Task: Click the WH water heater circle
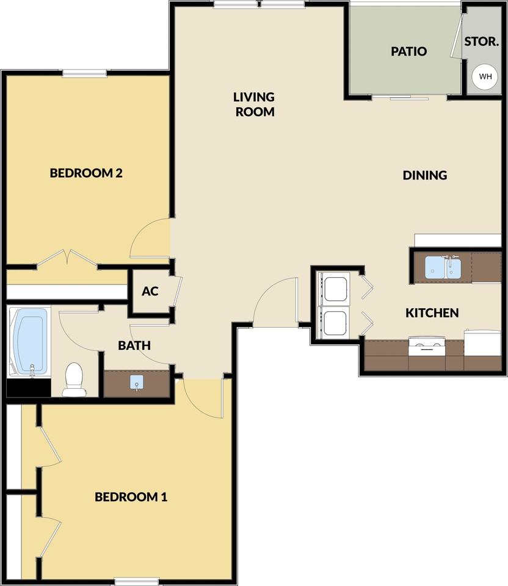pyautogui.click(x=485, y=77)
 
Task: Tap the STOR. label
pyautogui.click(x=482, y=42)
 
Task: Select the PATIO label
pyautogui.click(x=409, y=51)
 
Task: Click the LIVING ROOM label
pyautogui.click(x=255, y=104)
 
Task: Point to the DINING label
pyautogui.click(x=425, y=175)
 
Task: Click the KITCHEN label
pyautogui.click(x=432, y=313)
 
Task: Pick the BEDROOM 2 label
pyautogui.click(x=86, y=173)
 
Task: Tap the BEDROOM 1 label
pyautogui.click(x=131, y=497)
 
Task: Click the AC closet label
pyautogui.click(x=150, y=291)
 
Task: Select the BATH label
pyautogui.click(x=134, y=345)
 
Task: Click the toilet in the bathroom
pyautogui.click(x=74, y=379)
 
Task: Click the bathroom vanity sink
pyautogui.click(x=137, y=383)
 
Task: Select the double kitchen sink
pyautogui.click(x=443, y=267)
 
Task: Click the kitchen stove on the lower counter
pyautogui.click(x=427, y=347)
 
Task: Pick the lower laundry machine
pyautogui.click(x=334, y=323)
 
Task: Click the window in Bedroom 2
pyautogui.click(x=85, y=73)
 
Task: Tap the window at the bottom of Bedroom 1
pyautogui.click(x=137, y=582)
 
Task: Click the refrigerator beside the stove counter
pyautogui.click(x=482, y=343)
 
